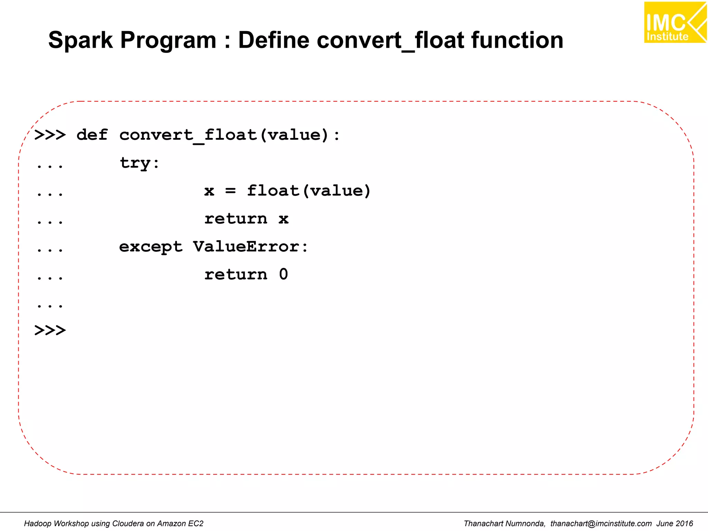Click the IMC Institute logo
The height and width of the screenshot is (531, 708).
point(675,22)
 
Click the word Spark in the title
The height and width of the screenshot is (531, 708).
point(80,40)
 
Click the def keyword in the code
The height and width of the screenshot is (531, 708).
point(92,135)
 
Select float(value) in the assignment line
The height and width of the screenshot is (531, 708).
point(309,191)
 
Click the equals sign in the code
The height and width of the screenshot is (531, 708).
point(230,191)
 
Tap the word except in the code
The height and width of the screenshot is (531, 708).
point(151,247)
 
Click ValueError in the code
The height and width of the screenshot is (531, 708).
point(246,247)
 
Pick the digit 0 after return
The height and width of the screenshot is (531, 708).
point(283,274)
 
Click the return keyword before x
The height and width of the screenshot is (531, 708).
point(236,219)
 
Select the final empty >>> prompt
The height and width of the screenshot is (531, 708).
point(50,330)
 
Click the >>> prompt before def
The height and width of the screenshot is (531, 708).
point(50,135)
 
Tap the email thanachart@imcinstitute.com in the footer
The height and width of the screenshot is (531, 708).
point(601,523)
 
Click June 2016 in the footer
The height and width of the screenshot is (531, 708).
point(675,523)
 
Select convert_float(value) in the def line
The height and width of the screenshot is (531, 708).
point(224,135)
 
